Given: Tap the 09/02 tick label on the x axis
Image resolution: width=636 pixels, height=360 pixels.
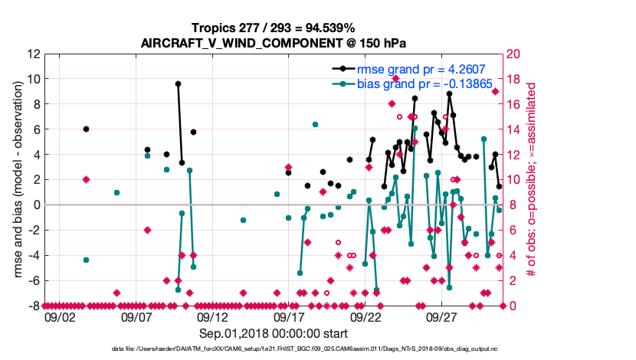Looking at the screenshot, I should click(x=60, y=316).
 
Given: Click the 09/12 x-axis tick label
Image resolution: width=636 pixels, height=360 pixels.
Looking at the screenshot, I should click(x=213, y=316).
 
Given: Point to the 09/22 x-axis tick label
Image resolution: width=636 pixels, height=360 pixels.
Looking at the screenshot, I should click(x=366, y=316).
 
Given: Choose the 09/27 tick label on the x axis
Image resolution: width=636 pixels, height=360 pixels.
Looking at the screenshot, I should click(x=442, y=316).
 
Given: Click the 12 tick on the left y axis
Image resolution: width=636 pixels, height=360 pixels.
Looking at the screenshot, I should click(x=33, y=54).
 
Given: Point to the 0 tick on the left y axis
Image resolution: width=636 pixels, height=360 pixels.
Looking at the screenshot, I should click(x=36, y=205).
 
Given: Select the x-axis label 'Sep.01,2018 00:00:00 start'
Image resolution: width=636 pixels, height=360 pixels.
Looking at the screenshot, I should click(x=274, y=333).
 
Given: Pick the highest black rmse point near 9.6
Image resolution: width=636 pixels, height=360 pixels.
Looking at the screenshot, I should click(x=178, y=83).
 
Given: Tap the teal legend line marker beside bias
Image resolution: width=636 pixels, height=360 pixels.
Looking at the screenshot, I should click(x=343, y=83).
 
